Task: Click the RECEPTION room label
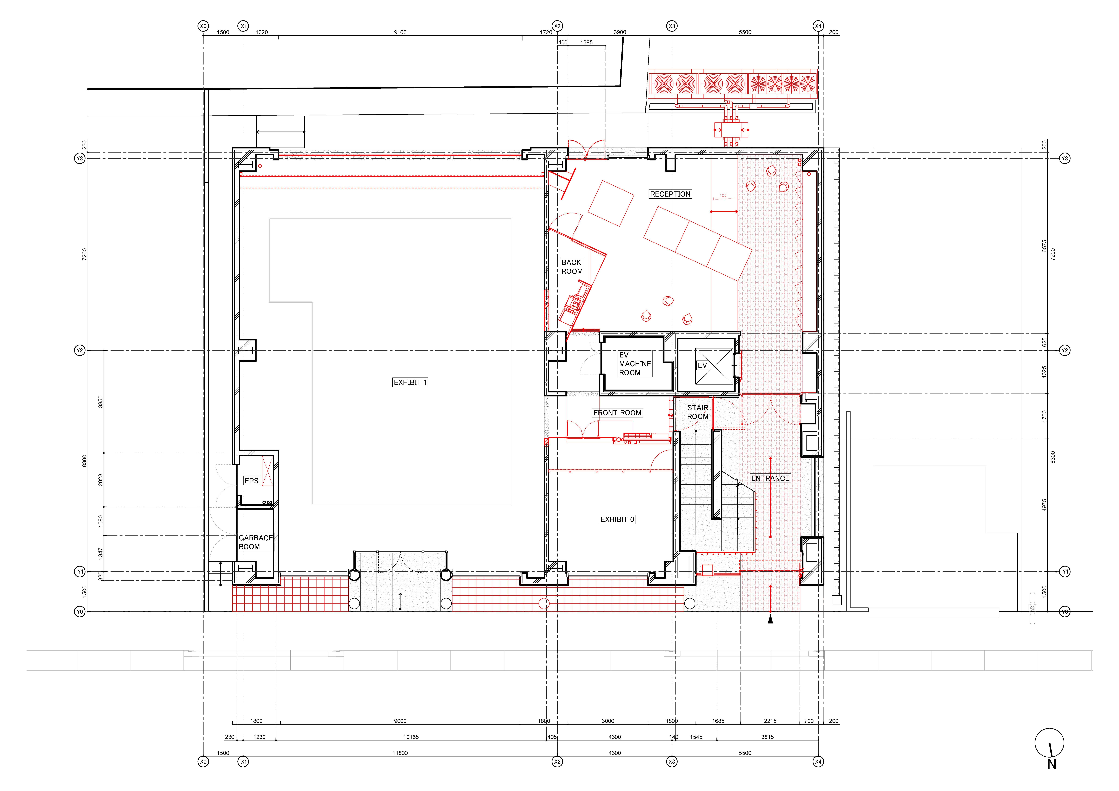670,194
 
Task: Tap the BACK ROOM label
572,267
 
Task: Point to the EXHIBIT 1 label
410,383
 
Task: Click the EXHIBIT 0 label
617,520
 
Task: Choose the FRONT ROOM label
617,413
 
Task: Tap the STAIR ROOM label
697,412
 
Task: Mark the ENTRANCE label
770,479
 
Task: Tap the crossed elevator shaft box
713,367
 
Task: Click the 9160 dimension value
400,32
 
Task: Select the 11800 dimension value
400,753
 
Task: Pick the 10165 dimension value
411,737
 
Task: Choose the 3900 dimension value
619,32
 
